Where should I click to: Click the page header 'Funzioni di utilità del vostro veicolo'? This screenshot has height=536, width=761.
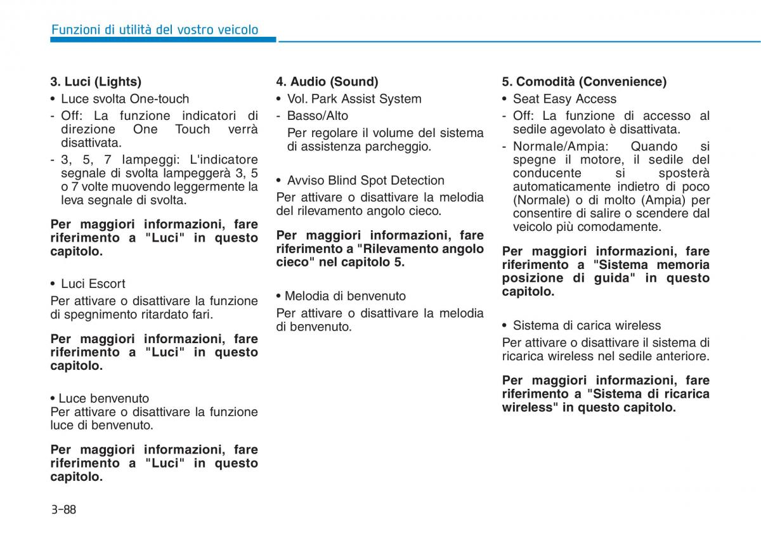pos(155,30)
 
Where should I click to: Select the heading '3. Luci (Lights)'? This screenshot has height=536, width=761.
pos(96,82)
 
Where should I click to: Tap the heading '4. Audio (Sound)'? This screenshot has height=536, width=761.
pos(327,82)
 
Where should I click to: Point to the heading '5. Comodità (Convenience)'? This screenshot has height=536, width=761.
pos(584,82)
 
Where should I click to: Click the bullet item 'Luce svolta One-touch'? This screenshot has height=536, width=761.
pos(125,99)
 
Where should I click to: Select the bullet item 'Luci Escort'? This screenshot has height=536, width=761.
pos(93,284)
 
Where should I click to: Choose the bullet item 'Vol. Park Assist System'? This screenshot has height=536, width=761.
pos(354,99)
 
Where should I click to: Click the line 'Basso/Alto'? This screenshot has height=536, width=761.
pos(317,116)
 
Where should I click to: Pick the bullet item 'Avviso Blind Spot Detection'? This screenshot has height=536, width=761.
pos(365,181)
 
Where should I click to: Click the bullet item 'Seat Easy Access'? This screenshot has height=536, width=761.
pos(564,99)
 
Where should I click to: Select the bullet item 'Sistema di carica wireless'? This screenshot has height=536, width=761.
pos(587,325)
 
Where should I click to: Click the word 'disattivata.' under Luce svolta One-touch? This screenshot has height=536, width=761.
pos(91,143)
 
